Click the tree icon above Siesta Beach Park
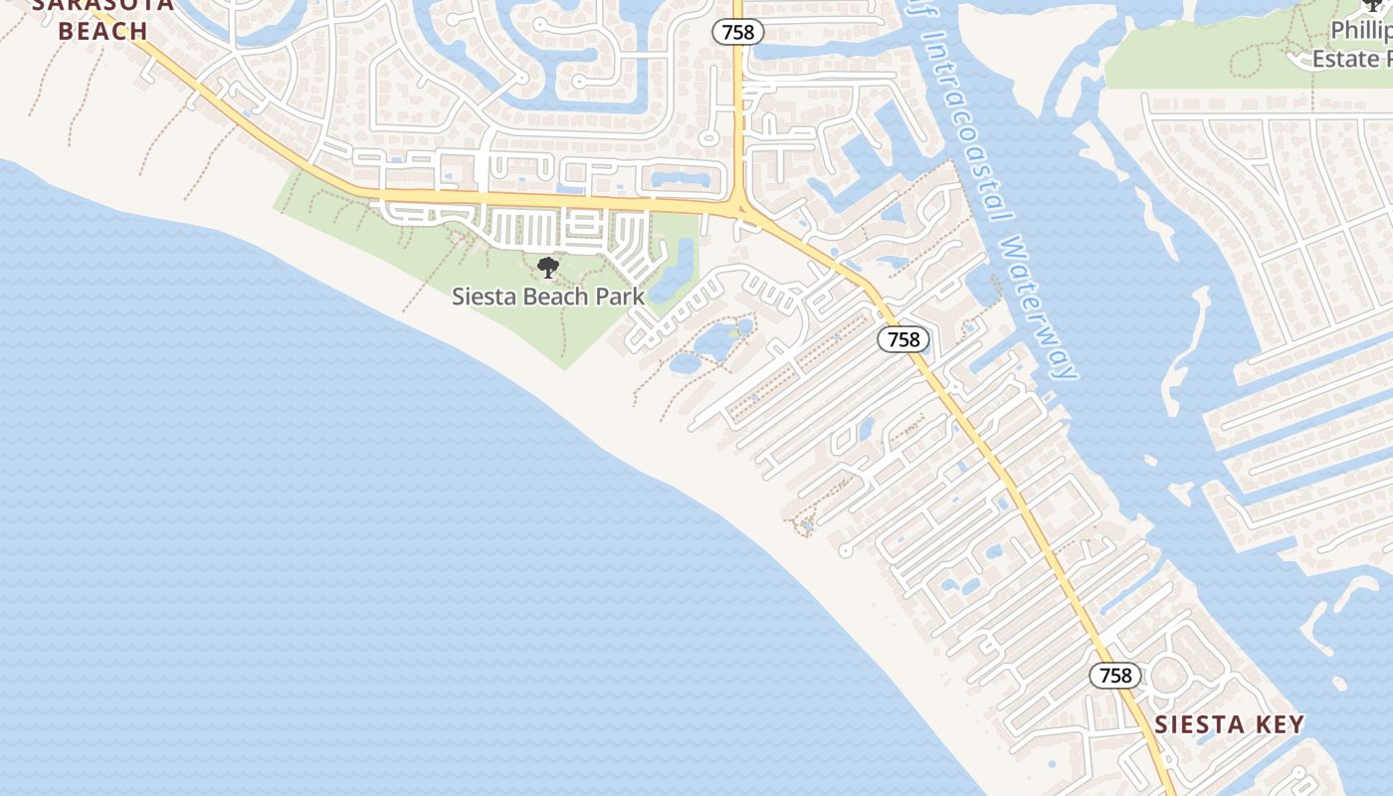[x=547, y=267]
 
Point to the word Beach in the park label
[x=556, y=297]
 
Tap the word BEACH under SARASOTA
[x=102, y=31]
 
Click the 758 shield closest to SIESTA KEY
[x=1115, y=676]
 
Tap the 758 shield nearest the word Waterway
[x=903, y=339]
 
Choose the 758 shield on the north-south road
[x=738, y=32]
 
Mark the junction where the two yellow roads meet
[x=739, y=208]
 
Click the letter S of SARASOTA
[x=41, y=4]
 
